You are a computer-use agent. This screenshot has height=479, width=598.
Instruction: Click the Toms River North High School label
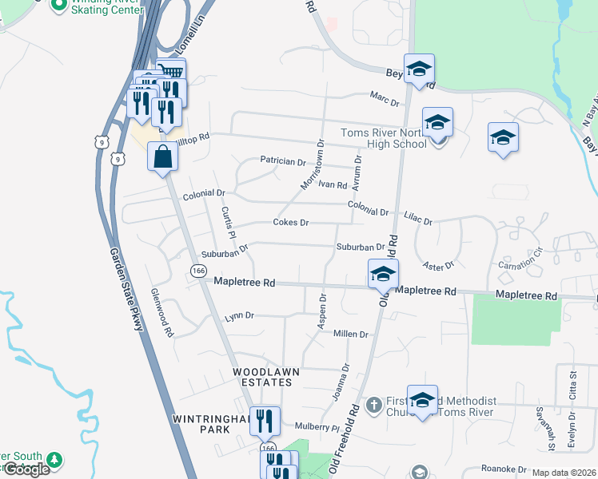(384, 138)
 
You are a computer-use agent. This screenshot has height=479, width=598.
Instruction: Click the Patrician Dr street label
(283, 161)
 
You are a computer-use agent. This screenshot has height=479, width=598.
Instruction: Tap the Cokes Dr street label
(290, 222)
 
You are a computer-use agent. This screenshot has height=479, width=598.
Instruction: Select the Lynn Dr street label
(239, 316)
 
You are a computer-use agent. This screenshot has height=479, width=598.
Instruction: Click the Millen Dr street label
(351, 335)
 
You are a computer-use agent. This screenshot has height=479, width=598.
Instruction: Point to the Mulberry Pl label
(317, 427)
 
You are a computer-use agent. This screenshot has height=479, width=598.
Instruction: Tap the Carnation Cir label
(520, 255)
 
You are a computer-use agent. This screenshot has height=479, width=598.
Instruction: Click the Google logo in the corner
(26, 469)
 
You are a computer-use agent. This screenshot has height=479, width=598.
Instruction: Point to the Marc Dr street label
(385, 96)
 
